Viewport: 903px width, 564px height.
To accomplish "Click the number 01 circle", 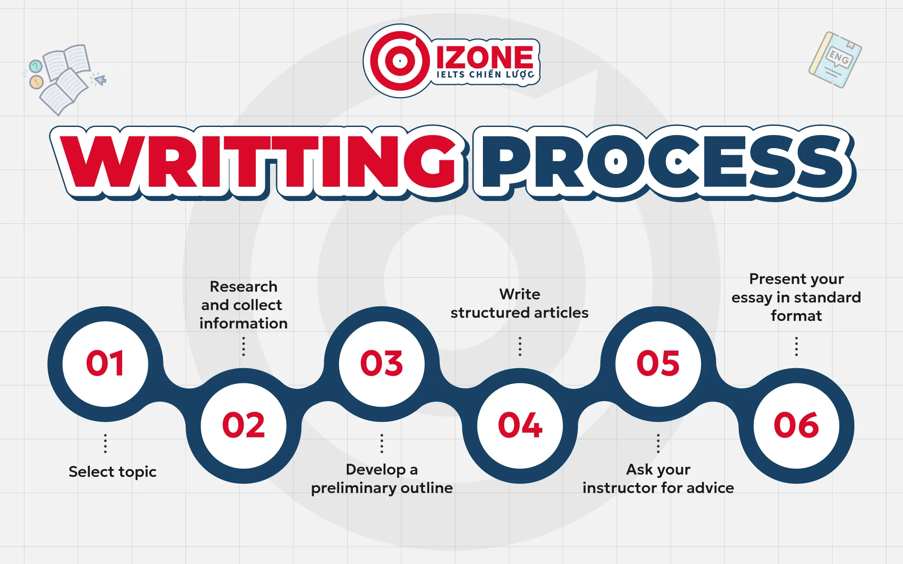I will click(105, 363).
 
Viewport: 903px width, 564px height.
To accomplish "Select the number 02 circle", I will click(243, 425).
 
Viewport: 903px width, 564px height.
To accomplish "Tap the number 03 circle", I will click(381, 363).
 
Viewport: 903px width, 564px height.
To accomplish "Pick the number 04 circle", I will click(520, 425).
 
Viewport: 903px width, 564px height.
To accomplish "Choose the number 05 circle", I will click(658, 363).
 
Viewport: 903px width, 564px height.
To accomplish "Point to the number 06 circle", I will click(796, 425).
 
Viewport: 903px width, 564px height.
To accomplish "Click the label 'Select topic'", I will click(112, 471).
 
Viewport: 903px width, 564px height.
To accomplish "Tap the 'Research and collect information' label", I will click(243, 305).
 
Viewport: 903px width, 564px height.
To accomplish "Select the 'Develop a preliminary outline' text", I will click(381, 479).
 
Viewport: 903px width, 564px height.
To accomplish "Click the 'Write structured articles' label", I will click(519, 303).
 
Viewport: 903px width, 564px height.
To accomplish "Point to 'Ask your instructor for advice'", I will click(658, 479).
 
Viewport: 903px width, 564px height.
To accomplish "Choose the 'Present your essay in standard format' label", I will click(796, 297).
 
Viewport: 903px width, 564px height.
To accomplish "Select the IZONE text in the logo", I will click(485, 57).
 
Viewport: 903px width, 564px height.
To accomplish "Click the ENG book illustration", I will click(835, 60).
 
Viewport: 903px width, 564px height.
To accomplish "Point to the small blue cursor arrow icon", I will click(100, 80).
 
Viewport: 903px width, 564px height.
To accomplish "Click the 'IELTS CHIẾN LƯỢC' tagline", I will click(485, 75).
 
